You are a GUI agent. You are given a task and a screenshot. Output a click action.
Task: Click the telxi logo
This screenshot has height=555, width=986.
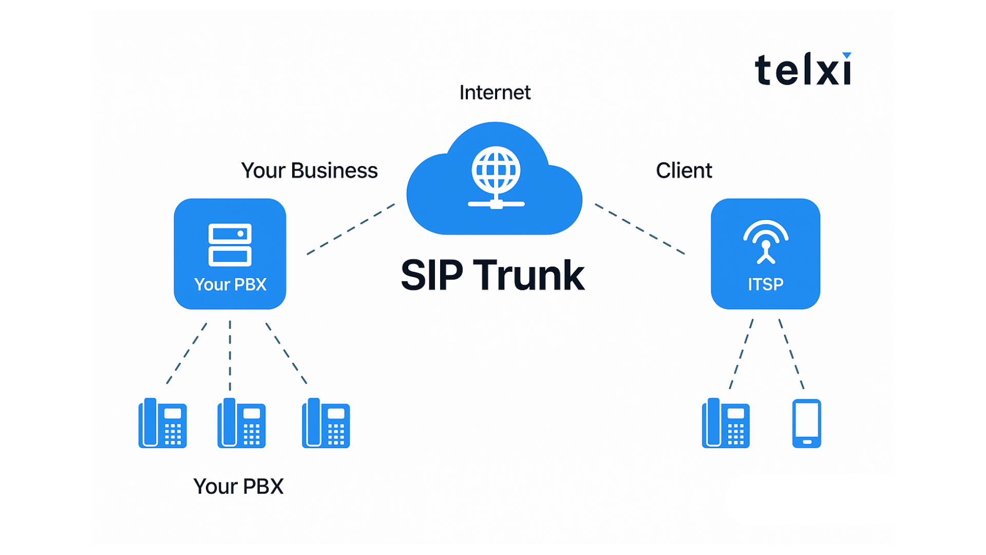(x=803, y=69)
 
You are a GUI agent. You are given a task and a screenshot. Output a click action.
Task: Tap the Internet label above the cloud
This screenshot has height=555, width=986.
(x=495, y=92)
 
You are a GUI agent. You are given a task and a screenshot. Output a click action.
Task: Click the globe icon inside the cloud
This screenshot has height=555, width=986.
(x=496, y=171)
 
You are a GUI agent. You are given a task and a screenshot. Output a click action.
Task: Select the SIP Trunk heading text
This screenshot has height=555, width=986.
(x=492, y=275)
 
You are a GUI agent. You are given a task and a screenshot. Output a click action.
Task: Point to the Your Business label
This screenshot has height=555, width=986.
(x=309, y=171)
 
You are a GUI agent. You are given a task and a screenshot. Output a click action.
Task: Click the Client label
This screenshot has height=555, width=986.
(x=684, y=171)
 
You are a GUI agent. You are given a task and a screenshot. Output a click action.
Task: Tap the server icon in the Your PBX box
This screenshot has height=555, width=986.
(x=230, y=245)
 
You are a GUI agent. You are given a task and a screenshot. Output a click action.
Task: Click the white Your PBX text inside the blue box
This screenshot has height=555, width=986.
(x=230, y=284)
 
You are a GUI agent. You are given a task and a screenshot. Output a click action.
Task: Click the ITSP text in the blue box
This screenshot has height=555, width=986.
(x=765, y=284)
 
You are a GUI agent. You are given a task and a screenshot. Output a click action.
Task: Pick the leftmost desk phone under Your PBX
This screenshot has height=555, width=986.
(x=162, y=423)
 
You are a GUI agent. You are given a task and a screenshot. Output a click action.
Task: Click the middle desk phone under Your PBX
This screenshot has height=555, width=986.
(x=241, y=423)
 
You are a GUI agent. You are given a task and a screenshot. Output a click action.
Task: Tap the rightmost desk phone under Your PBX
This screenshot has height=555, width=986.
(x=326, y=423)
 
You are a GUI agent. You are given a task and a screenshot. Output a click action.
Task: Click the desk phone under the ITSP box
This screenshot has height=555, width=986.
(x=725, y=423)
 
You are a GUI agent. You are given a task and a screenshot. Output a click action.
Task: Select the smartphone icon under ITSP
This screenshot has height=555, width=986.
(x=806, y=423)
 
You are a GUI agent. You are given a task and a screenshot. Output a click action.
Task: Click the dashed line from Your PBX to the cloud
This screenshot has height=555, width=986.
(x=351, y=229)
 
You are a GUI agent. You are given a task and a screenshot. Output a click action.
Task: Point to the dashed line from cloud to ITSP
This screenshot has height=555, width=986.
(x=639, y=229)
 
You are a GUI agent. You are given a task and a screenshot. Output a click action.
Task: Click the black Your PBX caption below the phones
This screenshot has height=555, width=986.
(x=238, y=486)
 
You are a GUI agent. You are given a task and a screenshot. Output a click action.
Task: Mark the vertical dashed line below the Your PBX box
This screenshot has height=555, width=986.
(x=230, y=355)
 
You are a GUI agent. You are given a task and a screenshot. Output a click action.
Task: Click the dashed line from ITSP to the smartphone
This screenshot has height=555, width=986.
(x=791, y=354)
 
